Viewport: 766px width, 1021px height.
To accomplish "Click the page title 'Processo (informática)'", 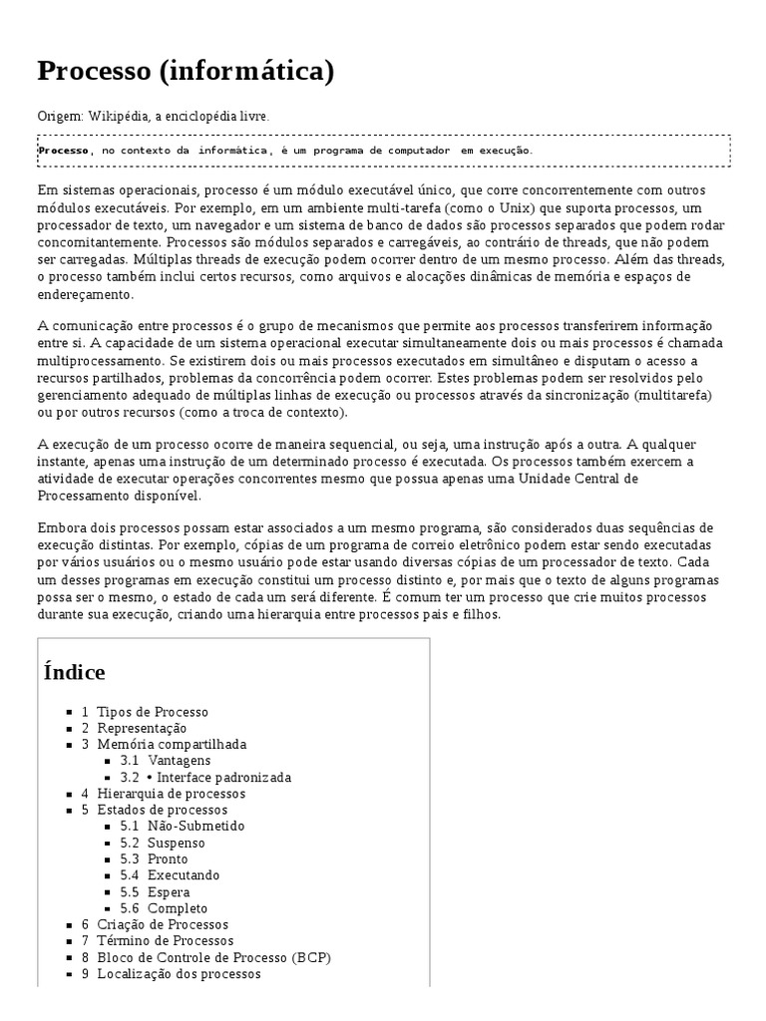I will point(186,72).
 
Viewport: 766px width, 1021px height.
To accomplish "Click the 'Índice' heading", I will point(75,672).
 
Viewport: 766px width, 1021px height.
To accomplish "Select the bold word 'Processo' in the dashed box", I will point(64,151).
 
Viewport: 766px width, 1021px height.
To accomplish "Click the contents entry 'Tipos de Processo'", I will point(153,712).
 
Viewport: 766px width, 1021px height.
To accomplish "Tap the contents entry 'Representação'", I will point(142,728).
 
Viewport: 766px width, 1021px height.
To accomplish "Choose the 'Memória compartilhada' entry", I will point(172,744).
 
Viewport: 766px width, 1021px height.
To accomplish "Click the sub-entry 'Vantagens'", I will point(179,761).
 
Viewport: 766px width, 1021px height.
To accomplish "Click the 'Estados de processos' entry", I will point(163,810).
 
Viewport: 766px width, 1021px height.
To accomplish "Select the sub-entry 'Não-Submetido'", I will point(195,826).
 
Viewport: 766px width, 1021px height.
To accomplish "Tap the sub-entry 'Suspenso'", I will point(177,843).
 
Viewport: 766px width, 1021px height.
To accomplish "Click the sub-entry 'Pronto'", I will point(168,858).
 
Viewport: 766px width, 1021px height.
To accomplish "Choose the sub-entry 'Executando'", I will point(184,875).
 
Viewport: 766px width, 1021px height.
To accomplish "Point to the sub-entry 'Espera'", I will point(169,891).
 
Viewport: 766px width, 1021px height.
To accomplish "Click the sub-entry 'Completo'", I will point(178,908).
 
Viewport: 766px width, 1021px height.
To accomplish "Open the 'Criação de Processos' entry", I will point(163,924).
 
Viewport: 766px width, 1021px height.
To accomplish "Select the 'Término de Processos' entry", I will point(166,940).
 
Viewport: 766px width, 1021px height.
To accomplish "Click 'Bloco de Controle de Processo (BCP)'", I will point(213,957).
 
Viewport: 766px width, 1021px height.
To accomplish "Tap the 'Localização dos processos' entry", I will point(179,973).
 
